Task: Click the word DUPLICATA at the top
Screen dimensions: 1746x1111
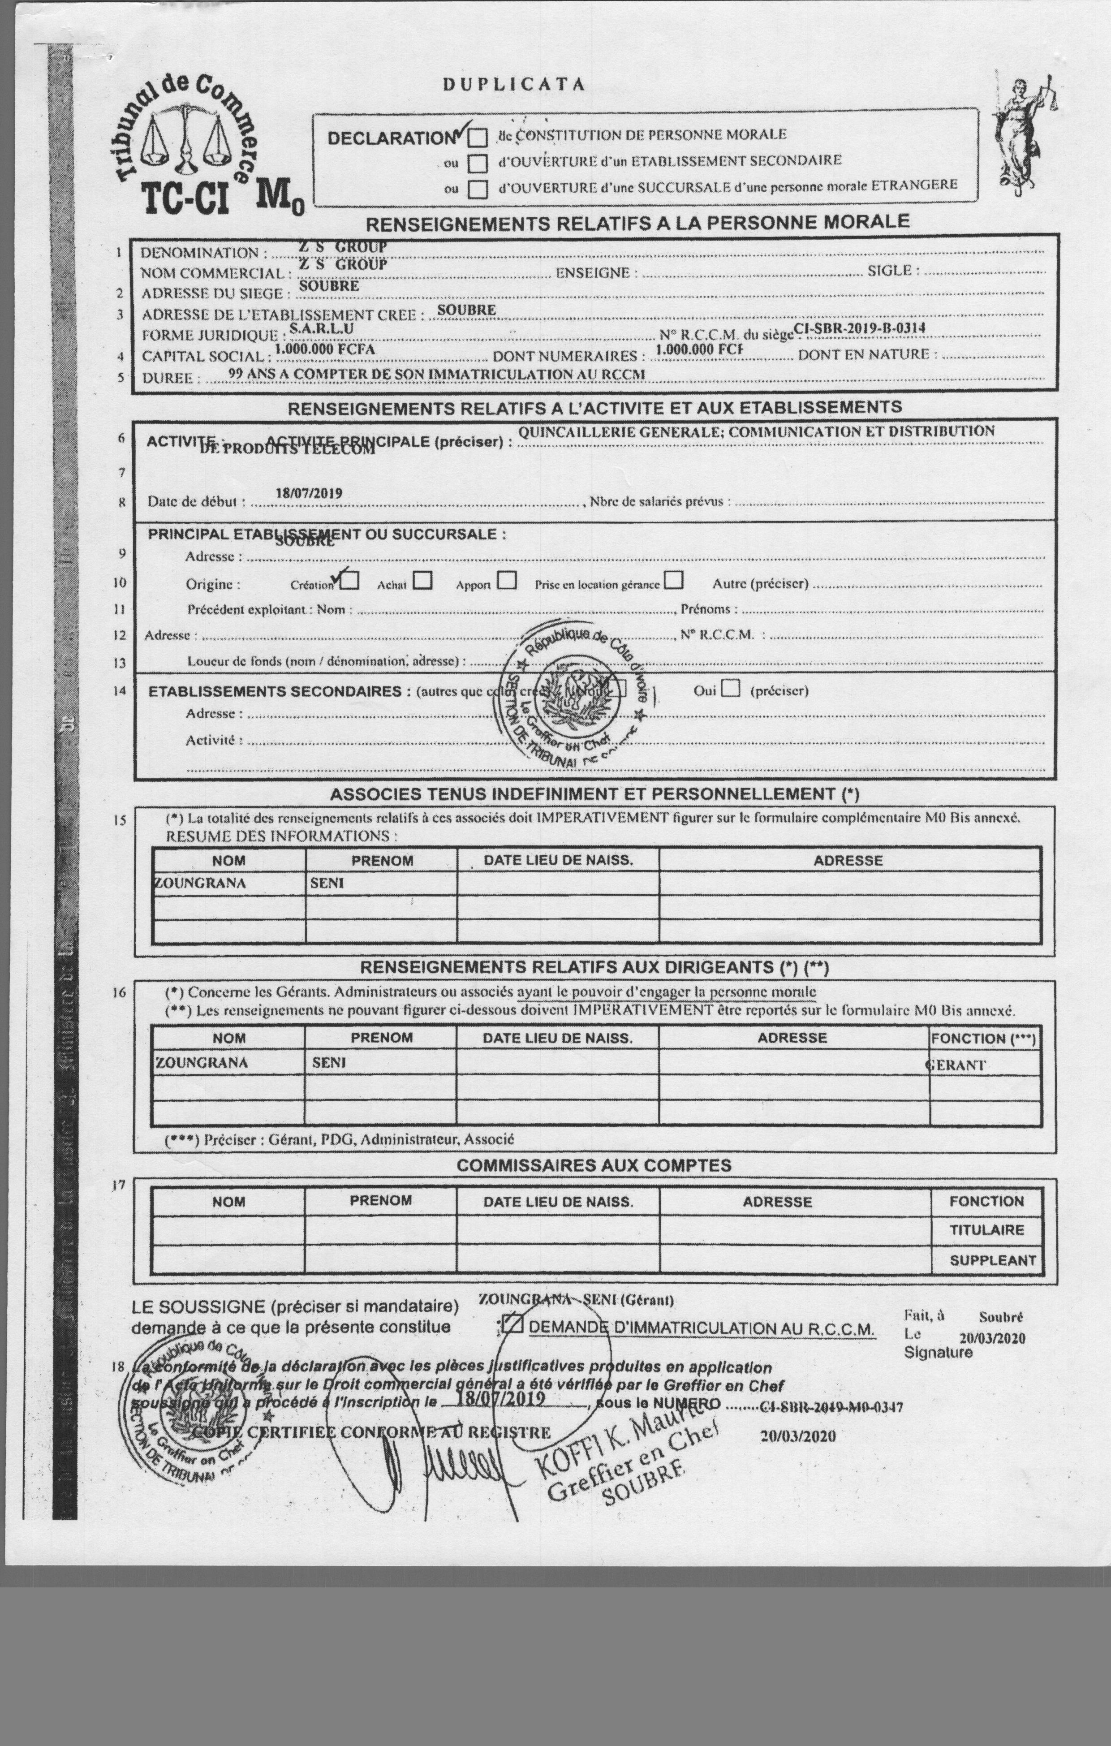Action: click(x=513, y=84)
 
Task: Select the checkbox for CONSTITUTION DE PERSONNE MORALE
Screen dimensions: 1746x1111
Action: click(x=477, y=137)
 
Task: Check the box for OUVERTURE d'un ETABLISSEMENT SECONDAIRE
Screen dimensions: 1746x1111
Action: click(x=477, y=163)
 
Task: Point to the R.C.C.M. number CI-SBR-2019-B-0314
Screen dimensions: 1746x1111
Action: click(x=859, y=328)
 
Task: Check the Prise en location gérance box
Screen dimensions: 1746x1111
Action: click(x=674, y=580)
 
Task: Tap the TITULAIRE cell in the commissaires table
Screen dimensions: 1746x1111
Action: click(x=986, y=1230)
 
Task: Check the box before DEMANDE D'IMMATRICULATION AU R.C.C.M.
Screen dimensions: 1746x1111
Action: click(x=512, y=1324)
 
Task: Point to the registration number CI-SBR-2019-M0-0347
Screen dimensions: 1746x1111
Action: click(x=831, y=1407)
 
